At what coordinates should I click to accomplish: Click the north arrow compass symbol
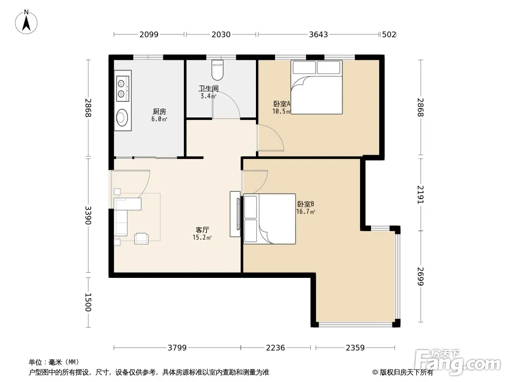26,22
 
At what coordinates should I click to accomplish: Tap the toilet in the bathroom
217,70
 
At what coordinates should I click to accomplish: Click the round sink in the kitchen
122,117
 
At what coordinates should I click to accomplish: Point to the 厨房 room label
159,112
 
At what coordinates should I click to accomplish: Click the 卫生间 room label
208,89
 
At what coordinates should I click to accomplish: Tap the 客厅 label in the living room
202,230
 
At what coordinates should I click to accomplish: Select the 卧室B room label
306,204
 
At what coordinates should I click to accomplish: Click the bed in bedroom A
317,87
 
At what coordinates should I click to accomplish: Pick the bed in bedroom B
269,219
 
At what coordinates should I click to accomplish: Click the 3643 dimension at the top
318,34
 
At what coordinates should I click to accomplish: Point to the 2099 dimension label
149,34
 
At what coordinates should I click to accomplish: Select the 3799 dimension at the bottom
177,348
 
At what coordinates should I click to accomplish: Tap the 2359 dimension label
355,348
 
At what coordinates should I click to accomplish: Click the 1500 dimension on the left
88,302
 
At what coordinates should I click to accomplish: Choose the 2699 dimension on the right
420,276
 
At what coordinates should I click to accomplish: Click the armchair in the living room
141,239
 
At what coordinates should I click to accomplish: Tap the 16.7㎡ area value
306,212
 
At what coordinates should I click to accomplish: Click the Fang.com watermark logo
458,361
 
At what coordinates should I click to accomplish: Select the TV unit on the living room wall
235,214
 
